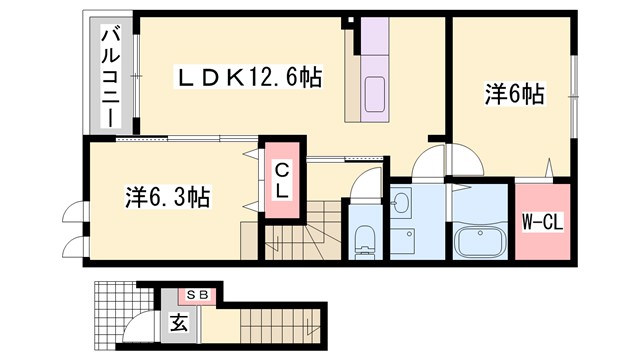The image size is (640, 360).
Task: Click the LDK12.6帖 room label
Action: click(x=250, y=76)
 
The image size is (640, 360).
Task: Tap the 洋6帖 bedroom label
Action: click(x=514, y=95)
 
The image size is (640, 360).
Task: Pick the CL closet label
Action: click(x=283, y=180)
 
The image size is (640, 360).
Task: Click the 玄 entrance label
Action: click(x=178, y=323)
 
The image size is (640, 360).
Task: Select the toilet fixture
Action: click(x=365, y=239)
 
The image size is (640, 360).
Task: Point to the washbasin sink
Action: click(x=401, y=204)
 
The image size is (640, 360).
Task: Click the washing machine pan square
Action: click(x=405, y=241)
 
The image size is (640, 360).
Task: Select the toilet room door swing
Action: click(x=368, y=184)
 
